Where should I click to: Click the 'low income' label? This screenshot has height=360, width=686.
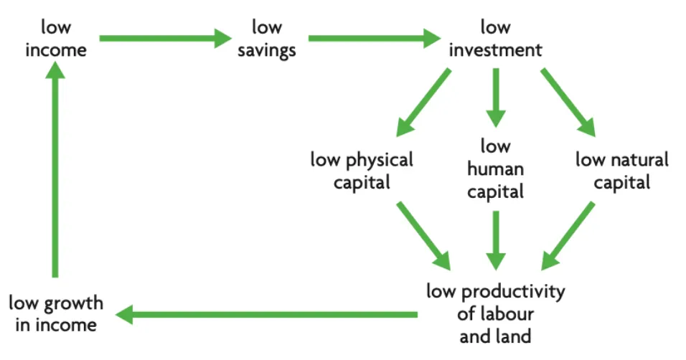(x=55, y=39)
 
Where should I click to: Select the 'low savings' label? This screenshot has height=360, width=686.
(x=267, y=39)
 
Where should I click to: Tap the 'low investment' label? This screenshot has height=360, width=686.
(x=494, y=39)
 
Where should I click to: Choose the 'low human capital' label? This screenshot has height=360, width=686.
(x=495, y=169)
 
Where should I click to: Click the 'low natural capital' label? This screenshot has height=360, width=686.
(x=621, y=170)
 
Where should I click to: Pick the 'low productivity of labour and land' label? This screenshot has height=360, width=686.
(x=495, y=313)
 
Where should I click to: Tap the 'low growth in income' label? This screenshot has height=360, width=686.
(x=56, y=313)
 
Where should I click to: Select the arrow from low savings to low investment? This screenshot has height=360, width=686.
(x=373, y=38)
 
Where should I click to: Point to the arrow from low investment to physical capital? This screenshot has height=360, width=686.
(x=423, y=101)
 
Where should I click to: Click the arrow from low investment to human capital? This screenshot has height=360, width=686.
(x=495, y=98)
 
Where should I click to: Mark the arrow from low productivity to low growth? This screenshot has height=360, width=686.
(x=266, y=314)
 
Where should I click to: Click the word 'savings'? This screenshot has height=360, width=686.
(x=267, y=50)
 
